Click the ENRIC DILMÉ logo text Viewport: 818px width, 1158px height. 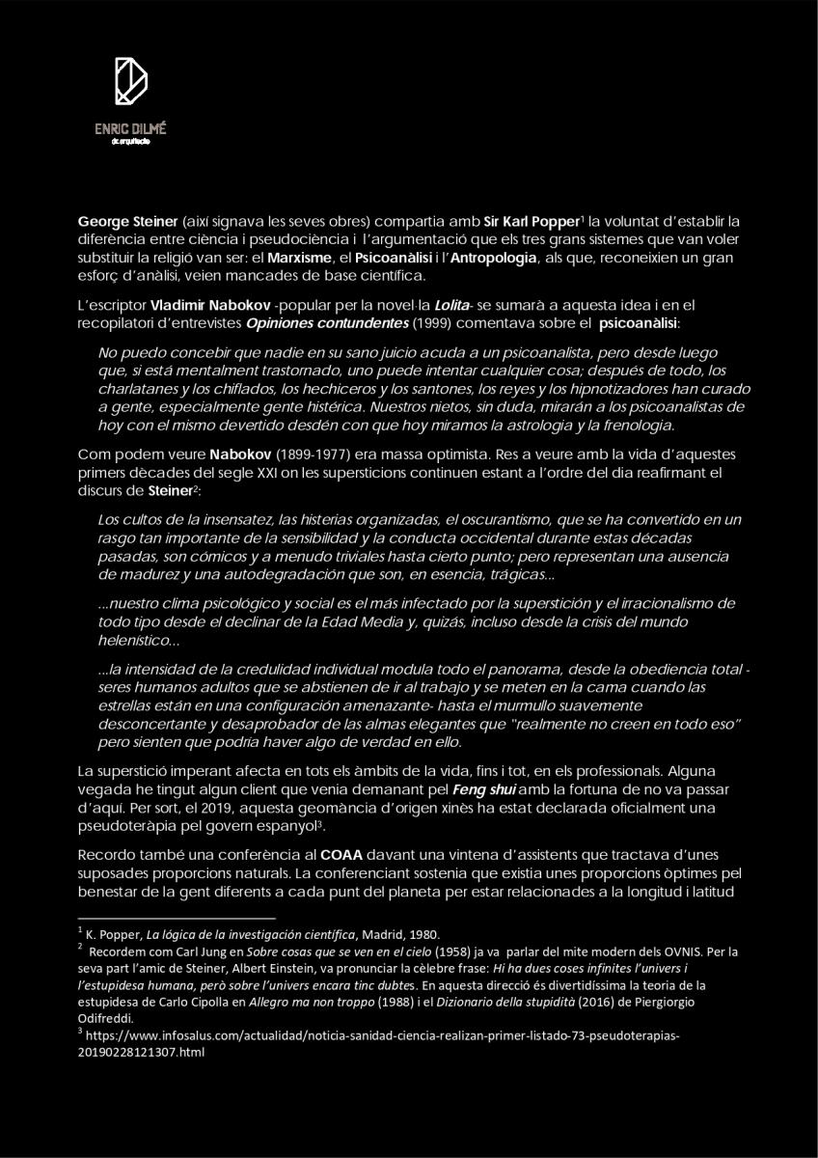pyautogui.click(x=130, y=129)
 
